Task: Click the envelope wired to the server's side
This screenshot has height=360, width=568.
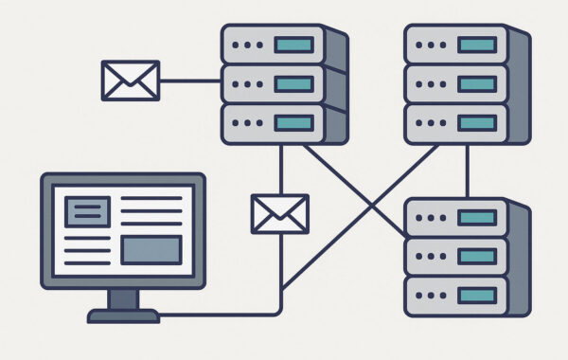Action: click(130, 80)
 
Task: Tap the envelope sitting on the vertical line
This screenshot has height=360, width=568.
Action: click(279, 213)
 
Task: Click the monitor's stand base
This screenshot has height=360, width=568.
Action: click(123, 315)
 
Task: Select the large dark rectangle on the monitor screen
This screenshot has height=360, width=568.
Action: click(151, 249)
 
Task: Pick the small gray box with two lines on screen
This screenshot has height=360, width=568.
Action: click(87, 211)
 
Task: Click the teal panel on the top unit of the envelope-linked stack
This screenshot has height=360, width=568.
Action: click(293, 45)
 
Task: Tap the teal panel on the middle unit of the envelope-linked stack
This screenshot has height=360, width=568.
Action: click(293, 84)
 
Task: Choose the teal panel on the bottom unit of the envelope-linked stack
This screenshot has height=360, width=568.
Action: click(293, 123)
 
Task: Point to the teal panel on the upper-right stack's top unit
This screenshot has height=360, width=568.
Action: click(477, 45)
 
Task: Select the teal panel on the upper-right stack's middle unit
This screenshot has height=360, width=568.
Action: click(477, 84)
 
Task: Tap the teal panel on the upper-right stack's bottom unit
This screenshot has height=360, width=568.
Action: click(477, 123)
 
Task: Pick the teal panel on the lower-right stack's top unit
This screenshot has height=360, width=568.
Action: click(477, 218)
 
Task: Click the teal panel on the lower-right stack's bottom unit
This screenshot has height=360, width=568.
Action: click(477, 297)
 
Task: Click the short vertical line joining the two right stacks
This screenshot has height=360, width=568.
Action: click(467, 171)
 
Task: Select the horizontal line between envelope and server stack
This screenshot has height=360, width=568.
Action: click(190, 80)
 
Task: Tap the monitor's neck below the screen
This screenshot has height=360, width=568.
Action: click(123, 298)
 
